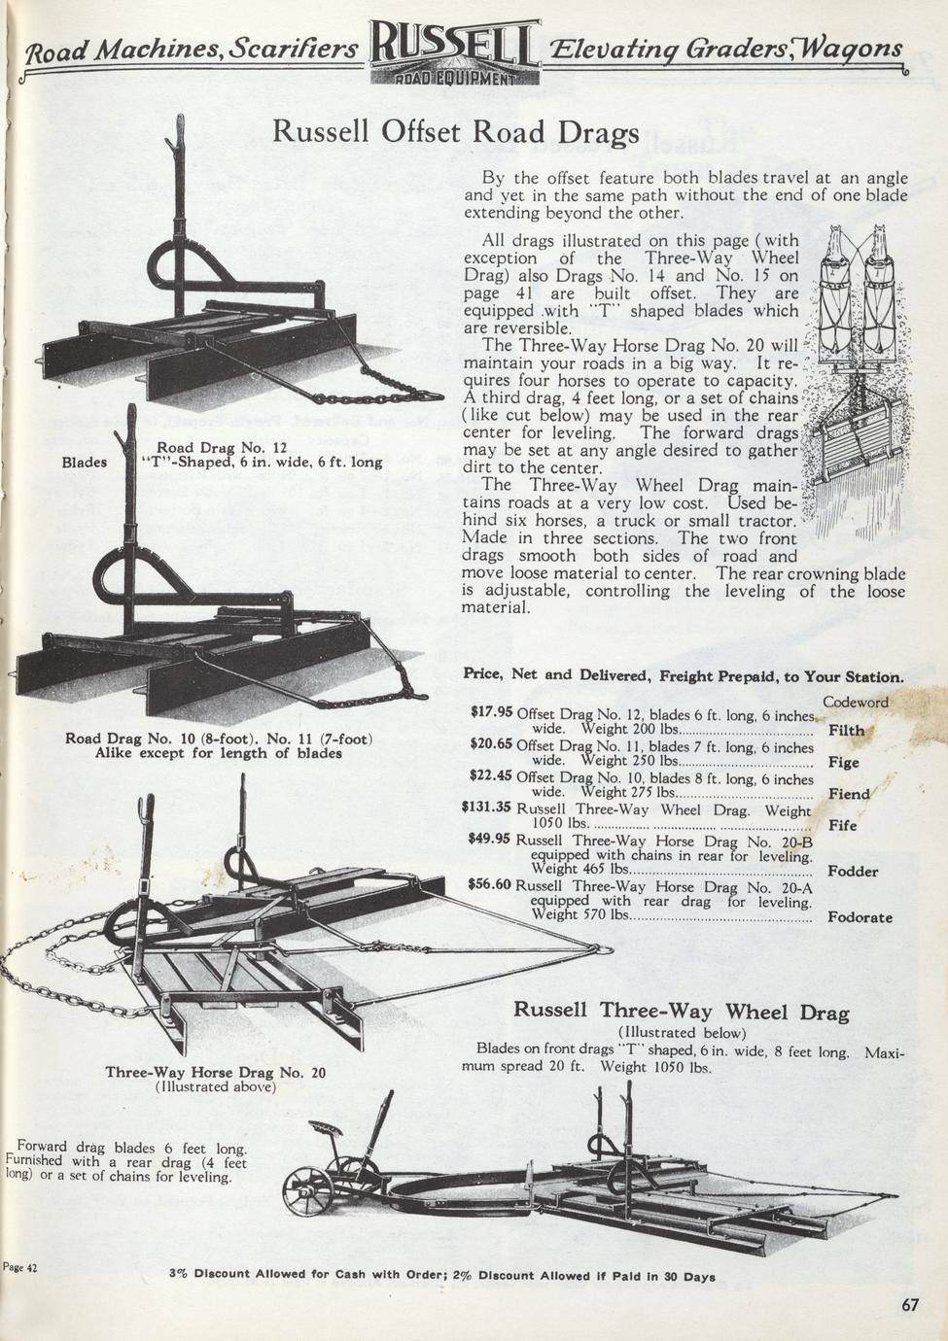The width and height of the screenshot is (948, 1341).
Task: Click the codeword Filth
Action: point(846,730)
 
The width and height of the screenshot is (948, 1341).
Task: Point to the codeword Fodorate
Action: point(860,916)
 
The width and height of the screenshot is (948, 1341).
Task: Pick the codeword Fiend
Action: point(849,794)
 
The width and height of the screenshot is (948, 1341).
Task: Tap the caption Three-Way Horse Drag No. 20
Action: point(215,1073)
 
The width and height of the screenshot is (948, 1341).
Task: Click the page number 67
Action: point(908,1305)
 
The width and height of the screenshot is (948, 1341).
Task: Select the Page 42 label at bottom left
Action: point(19,1267)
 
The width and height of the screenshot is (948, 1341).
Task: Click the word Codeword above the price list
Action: point(855,702)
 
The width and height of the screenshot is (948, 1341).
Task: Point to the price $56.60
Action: point(489,883)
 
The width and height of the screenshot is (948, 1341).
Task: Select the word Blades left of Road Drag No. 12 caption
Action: point(85,463)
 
